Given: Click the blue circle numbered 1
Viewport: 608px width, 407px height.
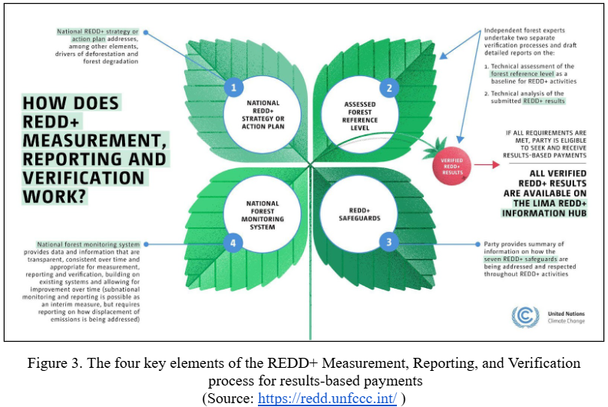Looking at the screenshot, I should tap(233, 88).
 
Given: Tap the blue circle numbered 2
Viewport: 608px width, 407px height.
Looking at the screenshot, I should tap(389, 88).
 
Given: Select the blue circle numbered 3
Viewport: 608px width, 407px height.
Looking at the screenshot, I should tap(389, 243).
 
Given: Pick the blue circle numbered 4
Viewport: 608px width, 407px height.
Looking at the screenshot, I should tap(233, 243).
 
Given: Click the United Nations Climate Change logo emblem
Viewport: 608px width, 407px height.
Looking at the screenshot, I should tap(525, 317).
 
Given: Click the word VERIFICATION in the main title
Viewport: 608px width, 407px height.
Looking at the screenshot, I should tap(83, 177).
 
